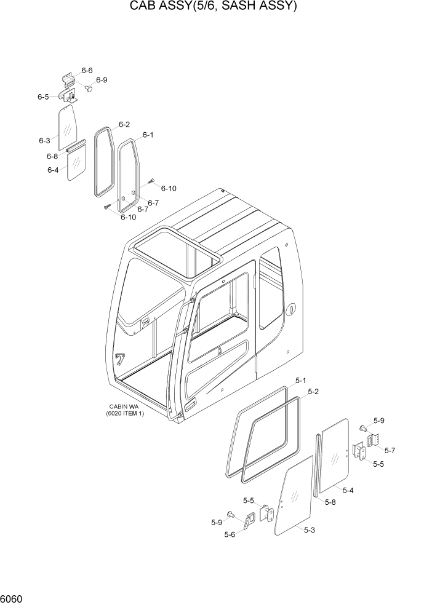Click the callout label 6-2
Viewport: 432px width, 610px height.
(x=124, y=124)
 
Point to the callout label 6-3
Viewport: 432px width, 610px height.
(x=44, y=141)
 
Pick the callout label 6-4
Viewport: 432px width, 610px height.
(x=52, y=170)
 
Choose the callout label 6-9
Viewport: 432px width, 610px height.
(x=102, y=80)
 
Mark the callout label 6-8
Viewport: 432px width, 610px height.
(x=52, y=156)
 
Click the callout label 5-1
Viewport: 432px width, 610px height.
(x=300, y=381)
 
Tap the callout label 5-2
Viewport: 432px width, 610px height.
(x=313, y=391)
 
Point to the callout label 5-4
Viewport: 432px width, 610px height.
(x=348, y=491)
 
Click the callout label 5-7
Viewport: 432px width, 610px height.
(x=390, y=450)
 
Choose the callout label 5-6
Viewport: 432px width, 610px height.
(x=230, y=534)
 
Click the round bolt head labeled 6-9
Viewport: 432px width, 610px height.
(x=88, y=89)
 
